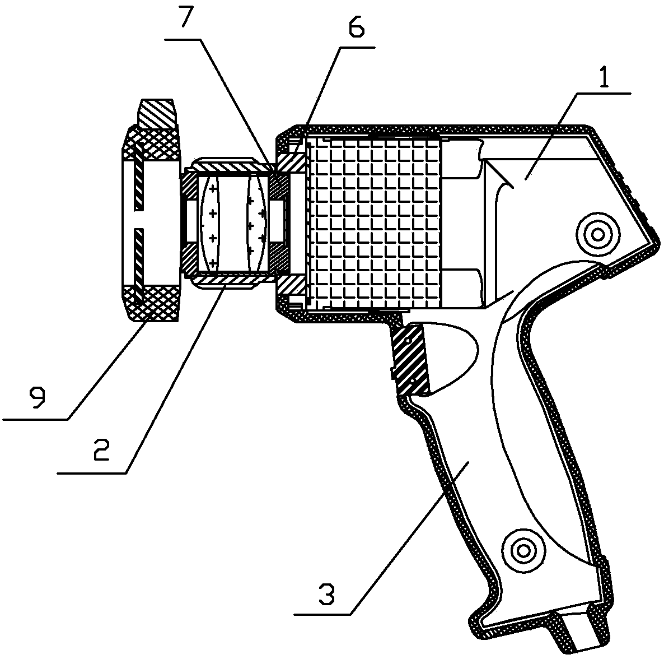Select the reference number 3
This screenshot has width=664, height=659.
coord(326,593)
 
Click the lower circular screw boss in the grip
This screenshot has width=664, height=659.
coord(524,547)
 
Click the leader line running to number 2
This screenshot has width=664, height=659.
coord(174,381)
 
